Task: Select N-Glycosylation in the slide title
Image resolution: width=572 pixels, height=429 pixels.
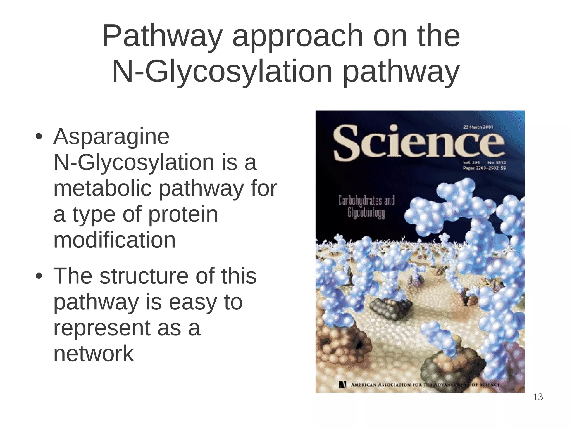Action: pos(222,72)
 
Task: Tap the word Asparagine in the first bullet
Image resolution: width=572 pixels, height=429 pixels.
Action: pos(111,137)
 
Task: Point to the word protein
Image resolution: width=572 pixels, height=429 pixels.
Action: pos(183,215)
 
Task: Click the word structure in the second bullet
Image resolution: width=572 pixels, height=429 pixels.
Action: pos(144,276)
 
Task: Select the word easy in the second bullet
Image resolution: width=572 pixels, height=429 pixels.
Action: pos(191,303)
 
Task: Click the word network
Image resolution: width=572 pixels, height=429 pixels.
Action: pos(94,354)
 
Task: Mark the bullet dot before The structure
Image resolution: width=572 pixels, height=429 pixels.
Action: pos(39,276)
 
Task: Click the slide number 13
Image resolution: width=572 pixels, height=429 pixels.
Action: pos(538,397)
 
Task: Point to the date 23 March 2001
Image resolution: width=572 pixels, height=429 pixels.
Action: pos(478,127)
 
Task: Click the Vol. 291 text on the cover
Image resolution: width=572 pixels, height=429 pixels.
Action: pos(471,162)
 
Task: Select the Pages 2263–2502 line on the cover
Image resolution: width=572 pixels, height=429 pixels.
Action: pos(484,168)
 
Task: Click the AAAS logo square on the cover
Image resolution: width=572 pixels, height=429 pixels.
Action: pos(343,385)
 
